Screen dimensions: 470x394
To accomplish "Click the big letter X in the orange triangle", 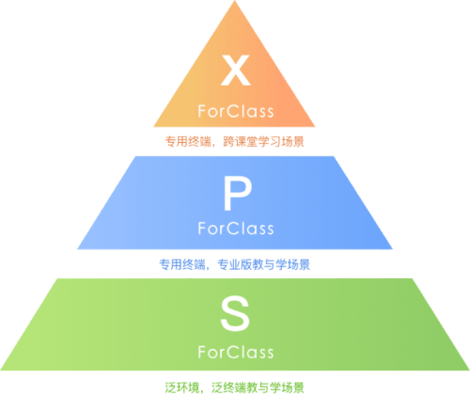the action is (x=236, y=70).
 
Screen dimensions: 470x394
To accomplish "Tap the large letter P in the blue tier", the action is (x=238, y=194).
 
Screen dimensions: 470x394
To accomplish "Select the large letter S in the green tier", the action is (x=235, y=314).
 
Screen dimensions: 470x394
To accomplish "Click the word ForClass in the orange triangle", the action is (x=236, y=111).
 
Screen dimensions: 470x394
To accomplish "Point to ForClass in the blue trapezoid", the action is (x=236, y=229).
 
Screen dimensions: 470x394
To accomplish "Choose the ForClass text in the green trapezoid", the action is (x=236, y=352).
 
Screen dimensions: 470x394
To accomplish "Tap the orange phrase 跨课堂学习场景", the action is (x=263, y=142).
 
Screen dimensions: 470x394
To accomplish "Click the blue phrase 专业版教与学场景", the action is (x=263, y=264).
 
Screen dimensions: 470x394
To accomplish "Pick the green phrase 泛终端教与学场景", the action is (x=258, y=387).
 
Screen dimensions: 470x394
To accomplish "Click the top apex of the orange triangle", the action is (x=235, y=1).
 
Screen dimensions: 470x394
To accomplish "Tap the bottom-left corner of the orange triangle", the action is (x=153, y=127).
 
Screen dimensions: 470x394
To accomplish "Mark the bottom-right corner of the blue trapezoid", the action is (x=393, y=249).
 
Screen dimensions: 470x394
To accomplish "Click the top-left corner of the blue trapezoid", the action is (x=135, y=156).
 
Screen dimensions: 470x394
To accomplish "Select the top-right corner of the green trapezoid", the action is (x=412, y=278).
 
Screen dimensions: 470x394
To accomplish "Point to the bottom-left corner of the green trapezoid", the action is (x=1, y=370).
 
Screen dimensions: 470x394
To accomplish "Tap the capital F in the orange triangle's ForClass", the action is (x=202, y=111).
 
